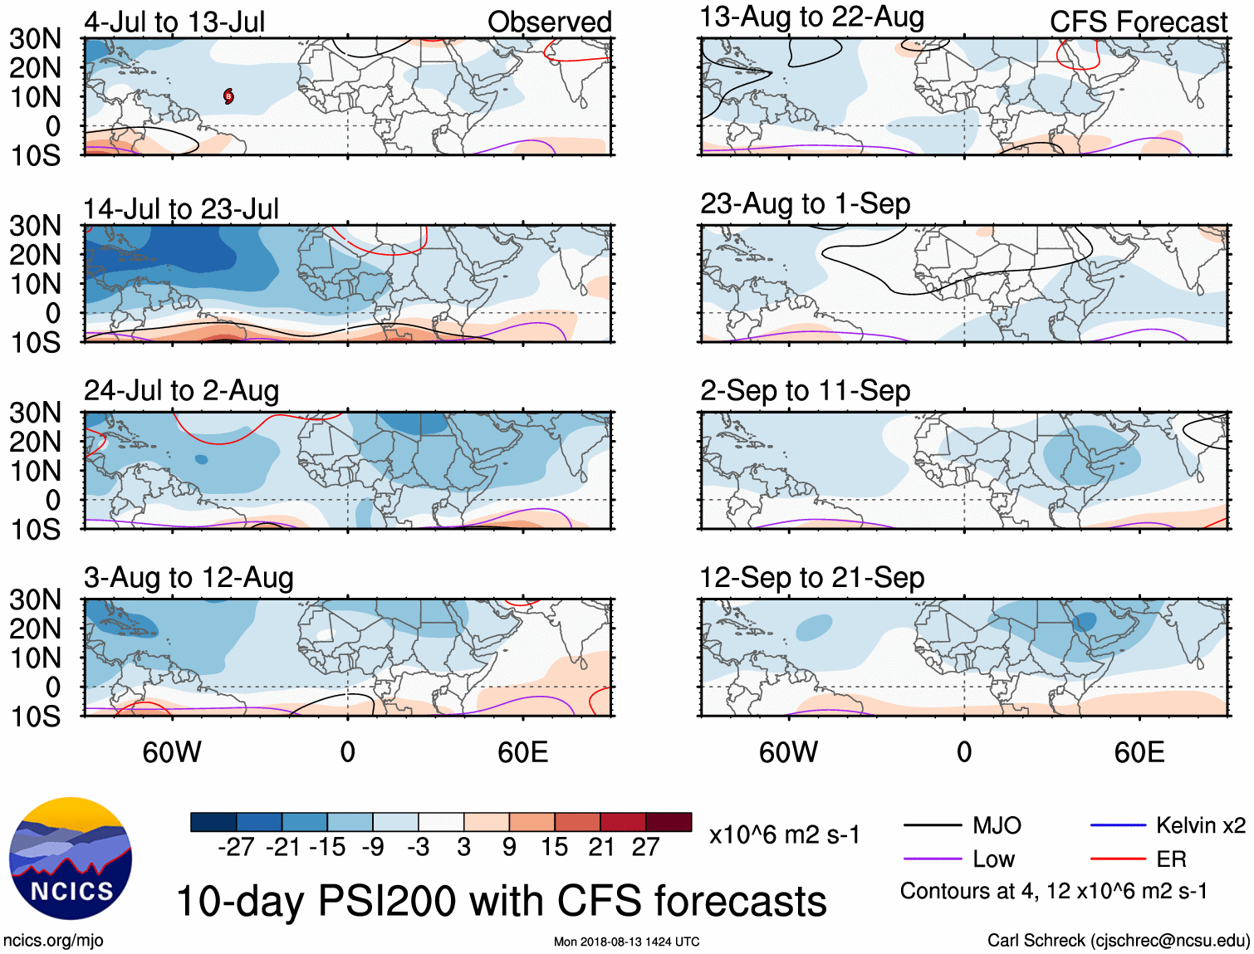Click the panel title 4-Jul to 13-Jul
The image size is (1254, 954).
174,22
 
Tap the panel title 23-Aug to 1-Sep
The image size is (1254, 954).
805,203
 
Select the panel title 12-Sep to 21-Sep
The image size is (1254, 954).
811,577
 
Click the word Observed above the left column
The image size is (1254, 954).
549,22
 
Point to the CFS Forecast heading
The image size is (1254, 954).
1138,22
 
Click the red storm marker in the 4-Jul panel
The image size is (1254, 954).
228,96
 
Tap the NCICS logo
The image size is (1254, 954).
71,859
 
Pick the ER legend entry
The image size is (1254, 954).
1171,859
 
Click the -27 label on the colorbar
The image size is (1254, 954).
236,847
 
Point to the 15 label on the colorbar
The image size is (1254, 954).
554,847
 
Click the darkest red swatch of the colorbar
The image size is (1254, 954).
669,822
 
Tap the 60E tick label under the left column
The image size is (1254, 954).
522,752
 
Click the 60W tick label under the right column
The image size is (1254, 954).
788,752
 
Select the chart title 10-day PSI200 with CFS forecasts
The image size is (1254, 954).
502,901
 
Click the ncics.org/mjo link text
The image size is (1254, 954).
53,940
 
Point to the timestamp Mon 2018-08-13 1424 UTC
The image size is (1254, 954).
626,942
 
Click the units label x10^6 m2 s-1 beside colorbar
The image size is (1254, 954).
784,834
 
